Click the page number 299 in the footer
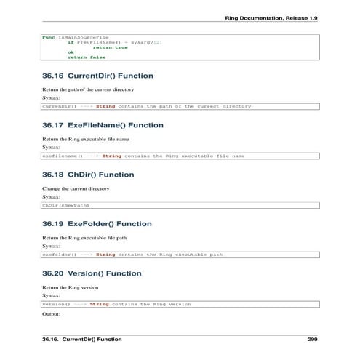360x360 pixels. (x=312, y=340)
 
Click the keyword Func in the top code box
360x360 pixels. (x=48, y=36)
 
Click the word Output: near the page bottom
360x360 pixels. (x=52, y=316)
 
